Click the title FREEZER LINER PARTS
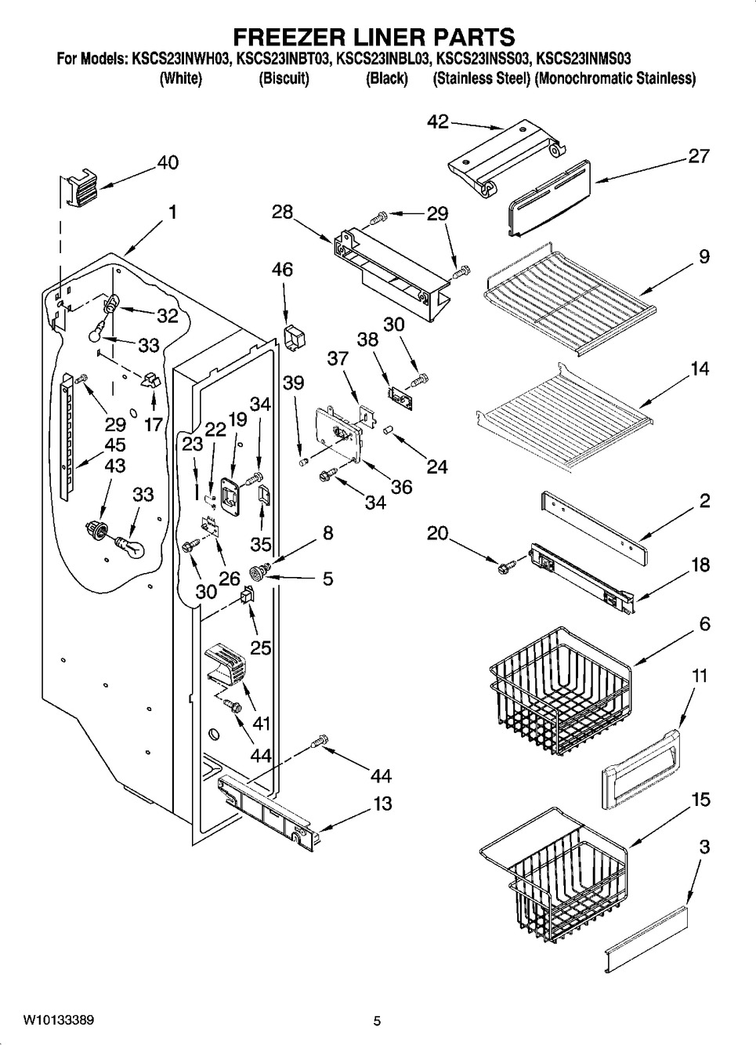pyautogui.click(x=377, y=36)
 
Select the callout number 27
pyautogui.click(x=698, y=156)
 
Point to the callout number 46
pyautogui.click(x=283, y=270)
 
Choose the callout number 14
pyautogui.click(x=700, y=368)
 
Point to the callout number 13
pyautogui.click(x=382, y=804)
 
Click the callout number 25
pyautogui.click(x=260, y=647)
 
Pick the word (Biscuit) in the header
pyautogui.click(x=284, y=78)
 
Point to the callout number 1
pyautogui.click(x=171, y=212)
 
